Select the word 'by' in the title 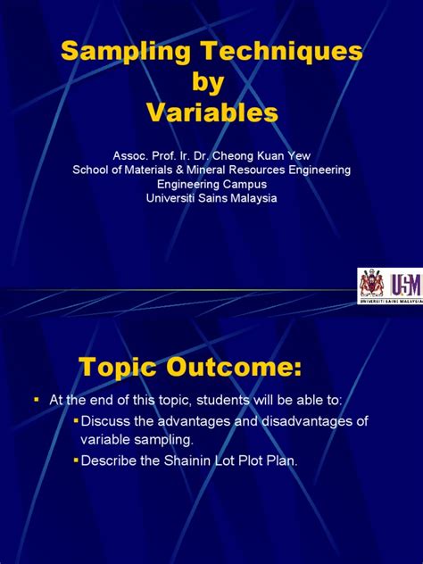pos(211,82)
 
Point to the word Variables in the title pos(211,112)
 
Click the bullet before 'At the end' pos(37,402)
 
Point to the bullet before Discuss pos(76,421)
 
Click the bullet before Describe pos(76,460)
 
